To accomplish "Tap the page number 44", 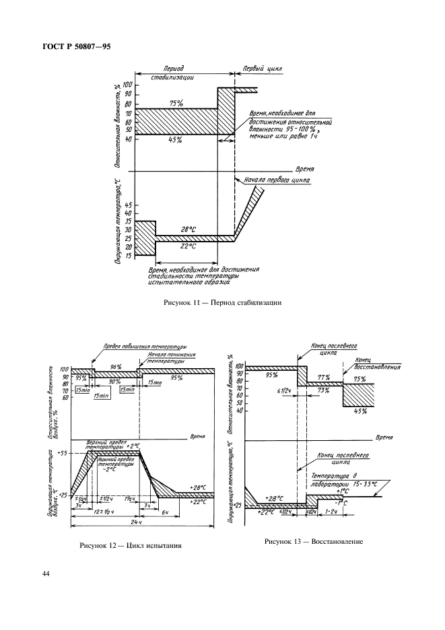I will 46,573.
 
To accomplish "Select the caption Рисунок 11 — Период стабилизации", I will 222,302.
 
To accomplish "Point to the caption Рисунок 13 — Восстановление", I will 314,540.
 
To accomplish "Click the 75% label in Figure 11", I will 177,103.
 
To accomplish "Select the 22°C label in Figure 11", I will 188,246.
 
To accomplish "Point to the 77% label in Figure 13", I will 324,378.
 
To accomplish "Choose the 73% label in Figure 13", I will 324,390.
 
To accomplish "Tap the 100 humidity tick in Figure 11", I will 127,85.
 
